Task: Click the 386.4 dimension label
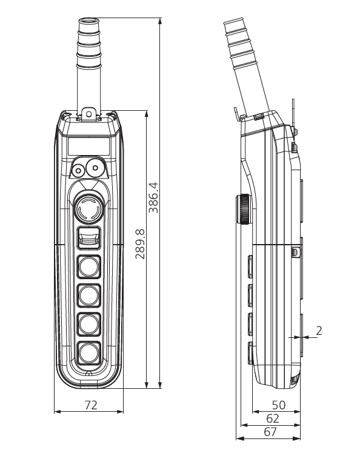153,197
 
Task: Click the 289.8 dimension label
140,243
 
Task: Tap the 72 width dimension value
91,405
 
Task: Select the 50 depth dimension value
279,405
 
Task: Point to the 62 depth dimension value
273,418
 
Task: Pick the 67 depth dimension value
270,432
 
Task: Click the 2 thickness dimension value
319,331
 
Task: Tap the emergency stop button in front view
88,208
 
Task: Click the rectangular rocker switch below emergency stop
89,238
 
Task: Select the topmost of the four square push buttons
89,266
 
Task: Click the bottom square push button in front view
89,353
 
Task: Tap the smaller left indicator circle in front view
78,170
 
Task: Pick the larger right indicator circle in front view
95,167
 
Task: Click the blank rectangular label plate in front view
89,146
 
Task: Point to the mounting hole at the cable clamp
88,114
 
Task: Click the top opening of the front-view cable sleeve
88,21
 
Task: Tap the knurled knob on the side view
244,209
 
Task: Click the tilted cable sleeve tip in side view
233,23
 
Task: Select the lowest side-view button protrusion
250,353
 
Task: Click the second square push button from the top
89,296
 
